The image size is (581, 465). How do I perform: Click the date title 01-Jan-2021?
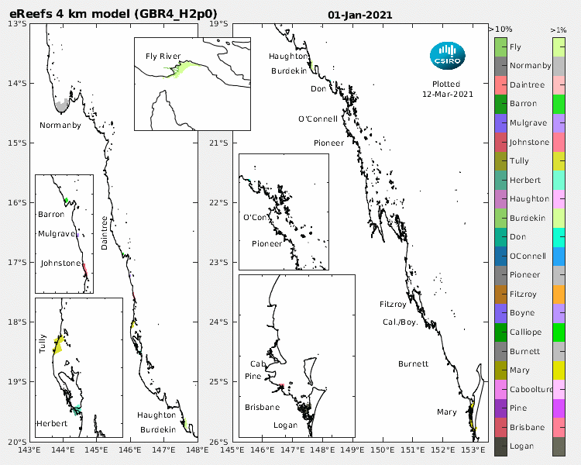359,15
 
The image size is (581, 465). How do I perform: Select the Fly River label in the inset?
163,57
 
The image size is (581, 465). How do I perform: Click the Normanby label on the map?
60,126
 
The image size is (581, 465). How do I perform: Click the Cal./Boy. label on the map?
400,322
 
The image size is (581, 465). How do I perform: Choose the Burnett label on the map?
413,363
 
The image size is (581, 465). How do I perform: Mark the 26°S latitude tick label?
220,441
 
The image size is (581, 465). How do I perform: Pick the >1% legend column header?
558,29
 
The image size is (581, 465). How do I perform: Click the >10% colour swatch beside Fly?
500,47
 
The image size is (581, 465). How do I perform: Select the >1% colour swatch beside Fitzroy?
558,294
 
